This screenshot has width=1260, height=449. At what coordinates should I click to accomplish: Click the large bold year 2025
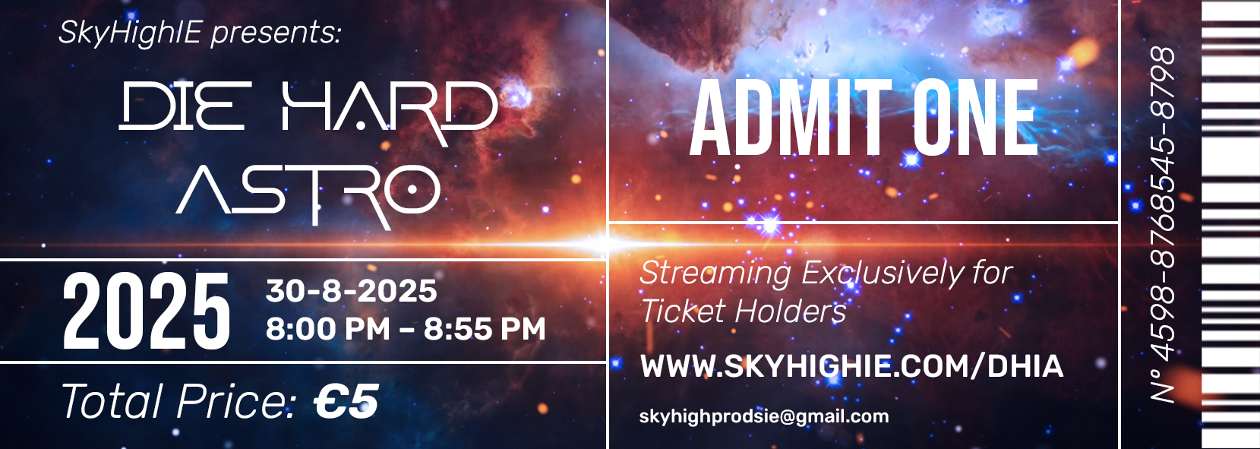pos(147,311)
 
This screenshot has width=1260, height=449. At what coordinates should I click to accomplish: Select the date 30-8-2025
pos(351,292)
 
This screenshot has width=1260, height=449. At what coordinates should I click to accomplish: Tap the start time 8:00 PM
pos(328,329)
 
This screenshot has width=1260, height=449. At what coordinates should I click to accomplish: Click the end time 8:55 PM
pos(485,329)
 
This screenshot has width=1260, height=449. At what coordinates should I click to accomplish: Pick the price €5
pos(346,402)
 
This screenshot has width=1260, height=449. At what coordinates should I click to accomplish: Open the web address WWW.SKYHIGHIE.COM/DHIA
pos(851,367)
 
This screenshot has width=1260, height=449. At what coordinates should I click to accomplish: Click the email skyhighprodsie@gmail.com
pos(764,417)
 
